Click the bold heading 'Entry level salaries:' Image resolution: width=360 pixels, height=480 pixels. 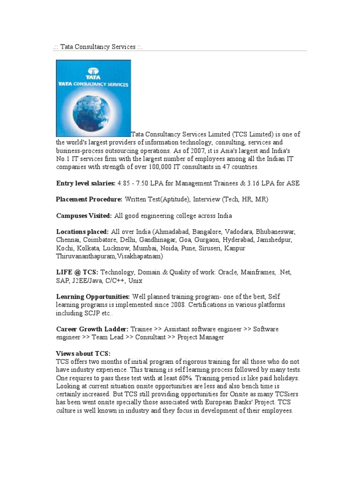(x=85, y=183)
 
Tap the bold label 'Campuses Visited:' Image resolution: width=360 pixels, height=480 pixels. (x=84, y=216)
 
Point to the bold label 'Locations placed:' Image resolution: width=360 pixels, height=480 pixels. (x=82, y=232)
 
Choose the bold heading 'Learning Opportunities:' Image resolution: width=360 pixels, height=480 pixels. (x=93, y=297)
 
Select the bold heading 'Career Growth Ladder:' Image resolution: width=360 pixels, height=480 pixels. (x=92, y=329)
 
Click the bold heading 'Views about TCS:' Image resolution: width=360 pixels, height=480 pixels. (x=83, y=354)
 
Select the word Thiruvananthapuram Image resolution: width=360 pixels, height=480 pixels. (x=90, y=256)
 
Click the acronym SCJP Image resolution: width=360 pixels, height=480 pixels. (x=93, y=313)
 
